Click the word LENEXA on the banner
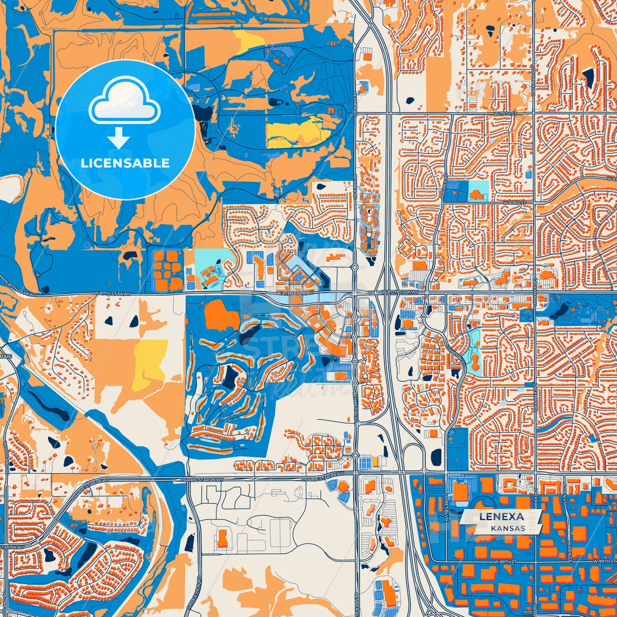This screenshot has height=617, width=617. tap(501, 516)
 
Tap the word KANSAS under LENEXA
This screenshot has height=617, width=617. tap(508, 528)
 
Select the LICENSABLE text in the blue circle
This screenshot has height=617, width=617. tap(125, 163)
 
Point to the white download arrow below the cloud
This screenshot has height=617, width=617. tap(119, 137)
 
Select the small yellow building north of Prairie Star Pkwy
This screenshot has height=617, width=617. tap(375, 461)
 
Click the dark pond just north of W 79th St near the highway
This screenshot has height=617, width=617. tap(410, 101)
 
